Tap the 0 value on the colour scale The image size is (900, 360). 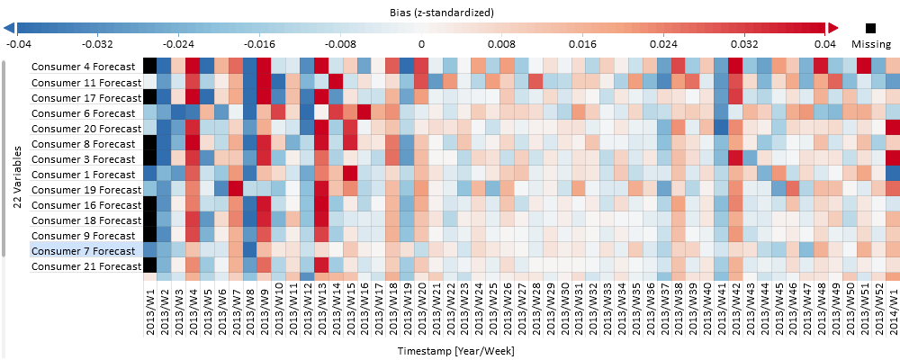421,43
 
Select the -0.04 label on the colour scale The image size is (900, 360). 19,43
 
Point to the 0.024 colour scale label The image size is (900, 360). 664,43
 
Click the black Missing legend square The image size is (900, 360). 870,29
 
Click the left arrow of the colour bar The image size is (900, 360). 9,29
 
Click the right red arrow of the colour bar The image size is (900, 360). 832,29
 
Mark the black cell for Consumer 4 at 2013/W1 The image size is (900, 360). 150,66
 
